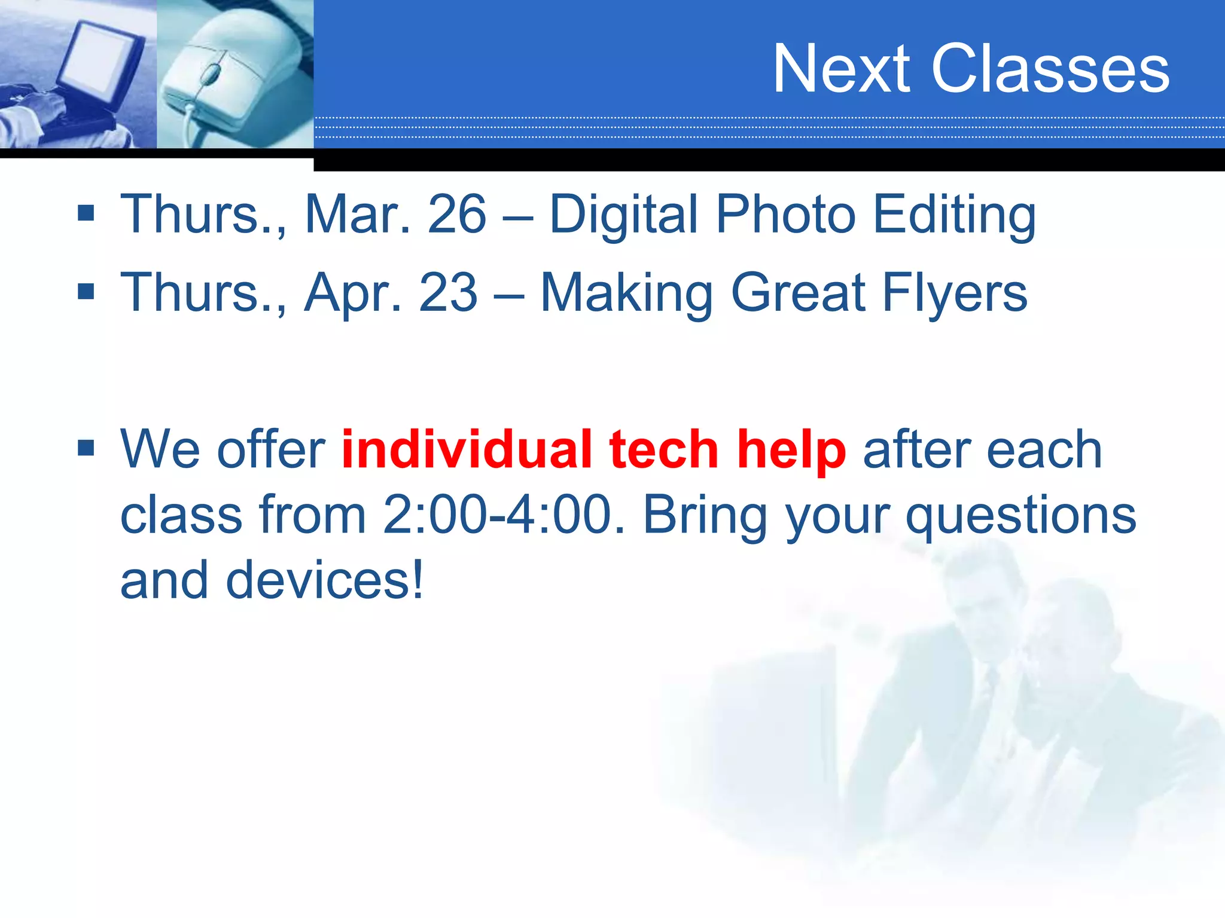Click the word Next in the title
pos(842,69)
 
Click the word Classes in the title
pos(1050,69)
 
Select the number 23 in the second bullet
pos(449,292)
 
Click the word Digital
pos(623,215)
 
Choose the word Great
pos(798,293)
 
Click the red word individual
pos(467,449)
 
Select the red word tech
pos(664,449)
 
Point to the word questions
pos(1020,516)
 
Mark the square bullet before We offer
pos(86,448)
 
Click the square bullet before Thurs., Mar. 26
pos(86,213)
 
